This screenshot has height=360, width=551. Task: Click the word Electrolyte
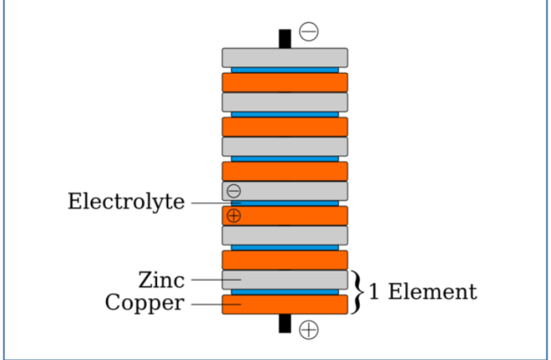126,202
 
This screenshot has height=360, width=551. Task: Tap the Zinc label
161,279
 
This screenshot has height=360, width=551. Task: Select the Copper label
144,303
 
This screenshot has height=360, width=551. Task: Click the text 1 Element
422,292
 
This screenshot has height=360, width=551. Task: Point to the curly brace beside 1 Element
357,292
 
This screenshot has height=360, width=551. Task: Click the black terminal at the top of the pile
285,38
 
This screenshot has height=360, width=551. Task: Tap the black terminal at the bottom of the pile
285,323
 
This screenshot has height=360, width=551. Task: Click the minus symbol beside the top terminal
309,31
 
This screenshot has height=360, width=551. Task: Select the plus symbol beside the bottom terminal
309,330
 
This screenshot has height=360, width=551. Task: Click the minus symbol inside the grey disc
234,191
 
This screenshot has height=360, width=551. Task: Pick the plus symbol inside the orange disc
234,216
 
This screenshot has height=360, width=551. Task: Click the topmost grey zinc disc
285,57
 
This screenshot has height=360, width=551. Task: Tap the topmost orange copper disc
285,82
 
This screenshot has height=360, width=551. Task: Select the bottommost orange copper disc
285,305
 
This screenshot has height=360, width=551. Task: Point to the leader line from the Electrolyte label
210,202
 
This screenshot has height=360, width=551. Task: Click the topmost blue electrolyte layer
285,70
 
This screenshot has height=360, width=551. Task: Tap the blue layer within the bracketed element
285,293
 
